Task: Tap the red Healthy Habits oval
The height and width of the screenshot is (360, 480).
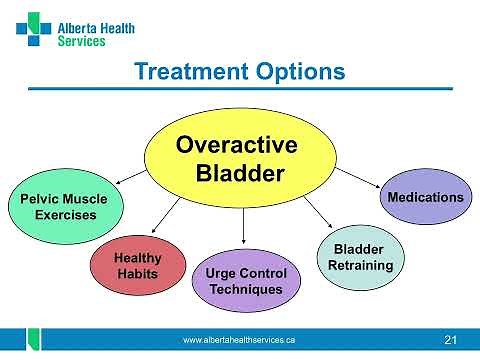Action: pos(138,266)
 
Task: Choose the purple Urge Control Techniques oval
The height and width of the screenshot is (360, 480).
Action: pos(245,281)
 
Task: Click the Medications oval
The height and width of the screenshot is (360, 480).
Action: pos(425,197)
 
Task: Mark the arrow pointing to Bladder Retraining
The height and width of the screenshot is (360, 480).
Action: pos(315,211)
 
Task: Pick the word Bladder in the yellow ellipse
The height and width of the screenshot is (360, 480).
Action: pos(239,172)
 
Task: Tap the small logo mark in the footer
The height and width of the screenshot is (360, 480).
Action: pos(33,340)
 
